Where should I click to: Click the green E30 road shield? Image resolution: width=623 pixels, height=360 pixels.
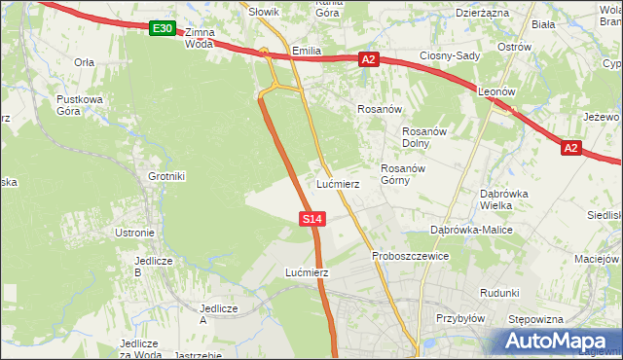pyautogui.click(x=163, y=29)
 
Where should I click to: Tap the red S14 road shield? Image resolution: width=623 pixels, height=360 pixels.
pyautogui.click(x=311, y=220)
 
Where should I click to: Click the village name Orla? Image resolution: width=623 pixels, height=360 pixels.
pyautogui.click(x=85, y=61)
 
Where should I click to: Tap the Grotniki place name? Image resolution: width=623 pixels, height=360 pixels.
pyautogui.click(x=165, y=176)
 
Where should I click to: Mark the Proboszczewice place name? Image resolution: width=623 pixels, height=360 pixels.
pyautogui.click(x=410, y=256)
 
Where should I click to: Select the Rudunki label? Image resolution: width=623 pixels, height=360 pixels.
pyautogui.click(x=499, y=293)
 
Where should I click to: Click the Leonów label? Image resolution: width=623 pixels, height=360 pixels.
pyautogui.click(x=497, y=91)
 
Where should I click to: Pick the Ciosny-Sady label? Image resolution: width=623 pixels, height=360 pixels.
pyautogui.click(x=450, y=56)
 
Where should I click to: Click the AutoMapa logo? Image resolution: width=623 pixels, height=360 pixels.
pyautogui.click(x=556, y=341)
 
